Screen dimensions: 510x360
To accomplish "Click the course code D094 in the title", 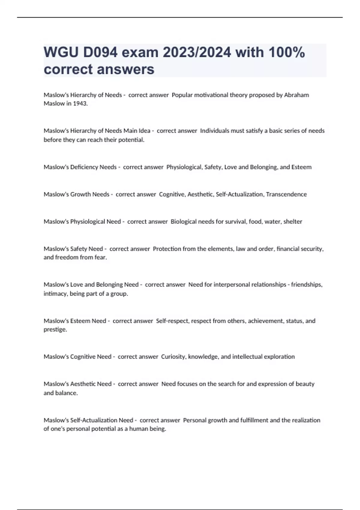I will pos(100,52).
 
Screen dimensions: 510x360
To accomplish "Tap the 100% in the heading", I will pos(287,52).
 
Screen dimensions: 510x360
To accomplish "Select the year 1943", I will pos(80,103).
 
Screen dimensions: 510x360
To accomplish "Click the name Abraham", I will pos(296,95).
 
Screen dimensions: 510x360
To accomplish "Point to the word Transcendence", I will pos(286,194).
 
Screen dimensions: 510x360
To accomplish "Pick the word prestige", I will pos(55,329).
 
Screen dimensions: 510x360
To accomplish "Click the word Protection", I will pos(167,249).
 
